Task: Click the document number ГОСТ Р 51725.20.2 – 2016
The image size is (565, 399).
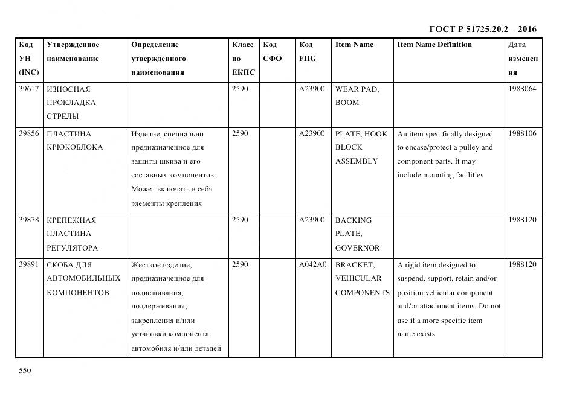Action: pyautogui.click(x=483, y=29)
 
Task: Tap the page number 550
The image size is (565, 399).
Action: pyautogui.click(x=25, y=371)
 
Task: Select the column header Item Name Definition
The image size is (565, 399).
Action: pyautogui.click(x=434, y=45)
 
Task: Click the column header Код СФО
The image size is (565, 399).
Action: pyautogui.click(x=273, y=51)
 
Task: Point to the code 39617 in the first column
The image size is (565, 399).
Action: pyautogui.click(x=29, y=89)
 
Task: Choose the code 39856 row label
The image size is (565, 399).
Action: pyautogui.click(x=29, y=133)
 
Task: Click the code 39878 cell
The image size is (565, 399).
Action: pyautogui.click(x=29, y=220)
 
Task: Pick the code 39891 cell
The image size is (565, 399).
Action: pyautogui.click(x=29, y=264)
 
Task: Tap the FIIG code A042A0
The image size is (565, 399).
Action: pyautogui.click(x=312, y=264)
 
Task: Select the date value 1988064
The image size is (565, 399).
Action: pyautogui.click(x=522, y=89)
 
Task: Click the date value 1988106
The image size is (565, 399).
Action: pyautogui.click(x=522, y=133)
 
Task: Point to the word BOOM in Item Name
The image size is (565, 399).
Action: pyautogui.click(x=347, y=103)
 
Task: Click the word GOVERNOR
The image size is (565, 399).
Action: pyautogui.click(x=357, y=247)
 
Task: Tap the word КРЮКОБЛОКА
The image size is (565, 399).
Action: pyautogui.click(x=74, y=147)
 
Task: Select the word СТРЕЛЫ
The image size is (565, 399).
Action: pyautogui.click(x=63, y=117)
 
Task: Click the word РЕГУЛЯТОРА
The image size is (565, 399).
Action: pyautogui.click(x=72, y=247)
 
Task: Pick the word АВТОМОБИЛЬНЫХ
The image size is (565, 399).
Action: pyautogui.click(x=83, y=278)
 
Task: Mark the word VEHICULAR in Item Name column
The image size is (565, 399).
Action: pyautogui.click(x=358, y=278)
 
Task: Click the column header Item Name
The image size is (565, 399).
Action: pyautogui.click(x=354, y=45)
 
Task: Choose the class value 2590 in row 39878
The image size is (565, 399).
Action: pyautogui.click(x=240, y=220)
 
